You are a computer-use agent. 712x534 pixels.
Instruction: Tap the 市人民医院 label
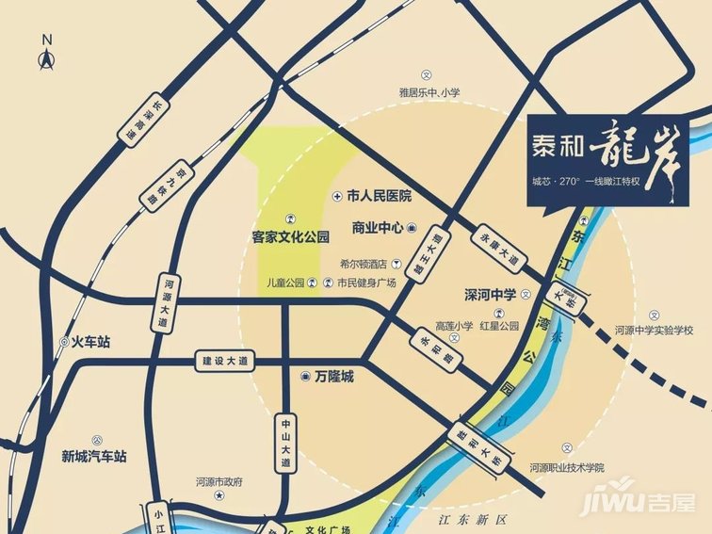click(x=380, y=197)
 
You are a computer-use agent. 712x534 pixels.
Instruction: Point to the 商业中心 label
click(x=378, y=228)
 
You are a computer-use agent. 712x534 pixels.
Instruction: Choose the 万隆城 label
click(x=333, y=377)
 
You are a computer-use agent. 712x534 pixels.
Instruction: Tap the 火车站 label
click(x=90, y=343)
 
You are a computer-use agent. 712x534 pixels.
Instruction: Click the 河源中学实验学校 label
click(x=654, y=331)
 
